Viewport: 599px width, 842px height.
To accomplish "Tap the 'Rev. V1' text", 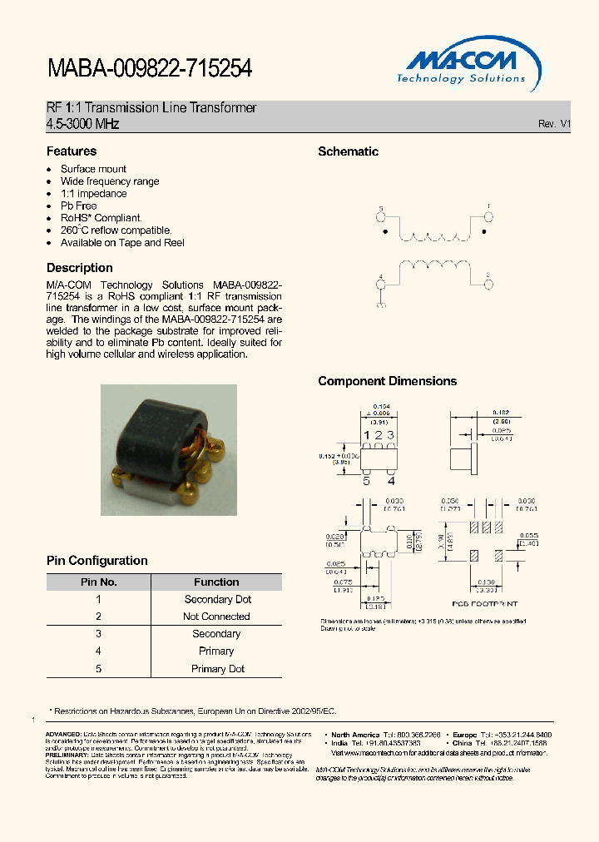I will point(553,123).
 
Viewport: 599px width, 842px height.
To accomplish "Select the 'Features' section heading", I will point(72,151).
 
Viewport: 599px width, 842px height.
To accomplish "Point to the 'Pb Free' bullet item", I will point(78,206).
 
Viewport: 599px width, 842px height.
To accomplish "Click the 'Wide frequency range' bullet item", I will point(110,181).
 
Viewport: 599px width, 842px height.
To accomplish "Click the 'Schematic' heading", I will point(348,151).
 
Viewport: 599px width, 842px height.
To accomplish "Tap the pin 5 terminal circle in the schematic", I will point(382,218).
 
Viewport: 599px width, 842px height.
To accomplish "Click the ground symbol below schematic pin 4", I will point(382,305).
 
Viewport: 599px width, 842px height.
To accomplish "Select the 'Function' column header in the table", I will point(216,582).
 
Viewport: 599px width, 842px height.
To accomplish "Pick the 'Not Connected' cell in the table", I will point(216,617).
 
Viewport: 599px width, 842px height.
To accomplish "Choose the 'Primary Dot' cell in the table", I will point(216,669).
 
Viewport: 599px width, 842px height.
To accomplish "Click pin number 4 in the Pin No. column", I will point(98,651).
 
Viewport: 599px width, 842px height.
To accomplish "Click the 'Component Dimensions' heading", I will point(387,381).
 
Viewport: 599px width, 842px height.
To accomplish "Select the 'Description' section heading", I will point(80,268).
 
